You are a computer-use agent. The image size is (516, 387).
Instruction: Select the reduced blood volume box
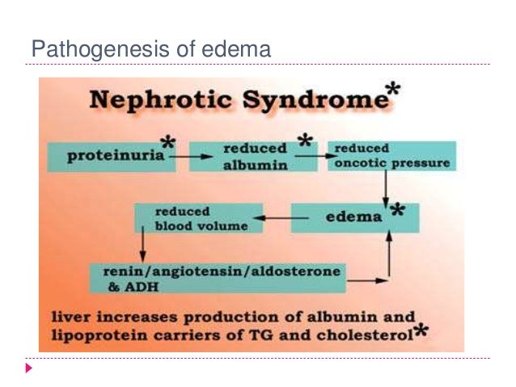pyautogui.click(x=198, y=219)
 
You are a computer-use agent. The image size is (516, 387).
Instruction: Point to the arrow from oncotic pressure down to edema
pyautogui.click(x=386, y=187)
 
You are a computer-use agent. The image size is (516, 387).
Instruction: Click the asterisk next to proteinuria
pyautogui.click(x=167, y=142)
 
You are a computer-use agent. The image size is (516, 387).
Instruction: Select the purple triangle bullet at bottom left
pyautogui.click(x=30, y=368)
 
